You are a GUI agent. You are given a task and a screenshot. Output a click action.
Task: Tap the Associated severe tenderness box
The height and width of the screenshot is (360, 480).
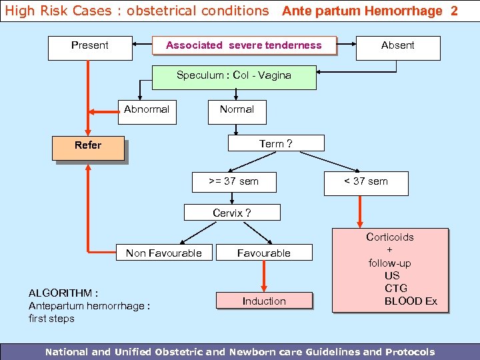tap(244, 45)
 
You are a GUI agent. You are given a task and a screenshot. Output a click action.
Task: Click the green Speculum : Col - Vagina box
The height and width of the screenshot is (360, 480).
tap(234, 76)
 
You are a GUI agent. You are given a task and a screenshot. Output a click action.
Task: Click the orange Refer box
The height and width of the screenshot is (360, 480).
tap(89, 149)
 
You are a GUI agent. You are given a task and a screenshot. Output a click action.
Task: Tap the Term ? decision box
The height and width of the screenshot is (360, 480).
tap(276, 143)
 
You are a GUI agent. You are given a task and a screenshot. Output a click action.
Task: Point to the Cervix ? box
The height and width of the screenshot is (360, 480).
tap(232, 213)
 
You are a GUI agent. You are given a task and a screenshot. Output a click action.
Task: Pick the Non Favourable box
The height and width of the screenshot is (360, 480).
tap(164, 253)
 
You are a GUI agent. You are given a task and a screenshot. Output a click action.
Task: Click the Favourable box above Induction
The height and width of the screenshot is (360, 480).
tap(264, 253)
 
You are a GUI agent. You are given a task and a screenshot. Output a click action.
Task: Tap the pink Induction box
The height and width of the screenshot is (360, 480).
tap(264, 301)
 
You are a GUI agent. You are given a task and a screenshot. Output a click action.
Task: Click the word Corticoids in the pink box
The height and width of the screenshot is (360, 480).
tap(390, 237)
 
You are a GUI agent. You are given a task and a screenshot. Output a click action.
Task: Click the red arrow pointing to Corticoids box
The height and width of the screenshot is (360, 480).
tap(360, 212)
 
